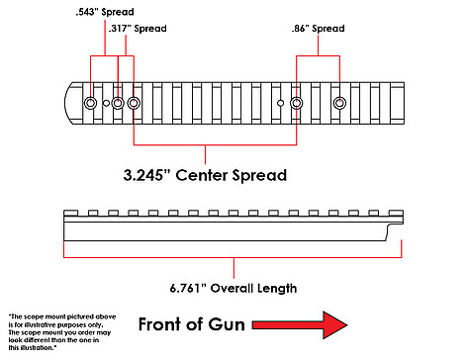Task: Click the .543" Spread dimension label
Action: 105,12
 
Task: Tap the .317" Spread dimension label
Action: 138,29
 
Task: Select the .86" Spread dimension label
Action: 319,29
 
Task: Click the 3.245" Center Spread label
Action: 205,175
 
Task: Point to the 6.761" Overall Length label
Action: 233,288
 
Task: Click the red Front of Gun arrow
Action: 300,325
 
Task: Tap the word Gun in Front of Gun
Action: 228,324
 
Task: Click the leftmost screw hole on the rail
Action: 90,103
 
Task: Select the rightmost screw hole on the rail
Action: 339,103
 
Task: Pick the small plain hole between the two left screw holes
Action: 106,103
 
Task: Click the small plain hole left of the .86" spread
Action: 280,103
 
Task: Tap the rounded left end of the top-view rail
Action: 68,103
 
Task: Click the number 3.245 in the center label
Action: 143,175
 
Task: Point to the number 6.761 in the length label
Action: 185,288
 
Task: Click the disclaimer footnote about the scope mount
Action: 62,332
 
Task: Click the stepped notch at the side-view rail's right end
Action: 395,231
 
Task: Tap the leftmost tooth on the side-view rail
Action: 70,213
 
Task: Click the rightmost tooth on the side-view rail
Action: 396,213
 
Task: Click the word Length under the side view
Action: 277,289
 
